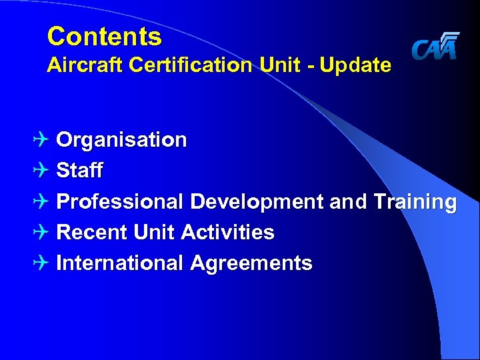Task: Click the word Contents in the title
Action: click(104, 37)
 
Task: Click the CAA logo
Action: click(435, 47)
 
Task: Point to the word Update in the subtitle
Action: click(357, 65)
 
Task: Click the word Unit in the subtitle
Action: click(267, 65)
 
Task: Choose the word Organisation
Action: click(121, 140)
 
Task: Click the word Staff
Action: click(79, 171)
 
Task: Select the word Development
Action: click(257, 201)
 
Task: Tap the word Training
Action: click(415, 201)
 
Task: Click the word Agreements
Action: click(251, 263)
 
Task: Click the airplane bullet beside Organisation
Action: click(43, 140)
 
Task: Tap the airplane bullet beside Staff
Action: click(43, 171)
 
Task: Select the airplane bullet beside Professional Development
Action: click(43, 201)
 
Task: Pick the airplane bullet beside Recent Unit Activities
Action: click(43, 232)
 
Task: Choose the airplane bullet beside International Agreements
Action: click(43, 263)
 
